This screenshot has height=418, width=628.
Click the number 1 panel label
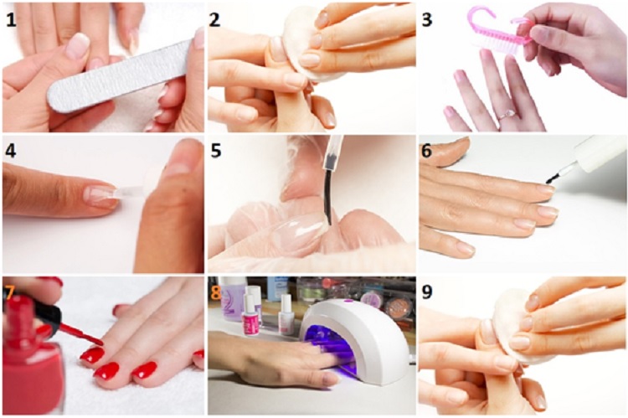[11, 19]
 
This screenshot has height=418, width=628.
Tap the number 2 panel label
[214, 19]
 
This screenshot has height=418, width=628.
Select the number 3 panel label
[427, 19]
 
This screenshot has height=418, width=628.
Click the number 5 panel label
[216, 151]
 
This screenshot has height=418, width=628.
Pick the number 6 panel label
[426, 151]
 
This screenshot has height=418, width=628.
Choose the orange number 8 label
[216, 292]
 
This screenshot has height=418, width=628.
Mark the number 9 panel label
[427, 292]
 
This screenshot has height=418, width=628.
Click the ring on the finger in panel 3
[506, 116]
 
